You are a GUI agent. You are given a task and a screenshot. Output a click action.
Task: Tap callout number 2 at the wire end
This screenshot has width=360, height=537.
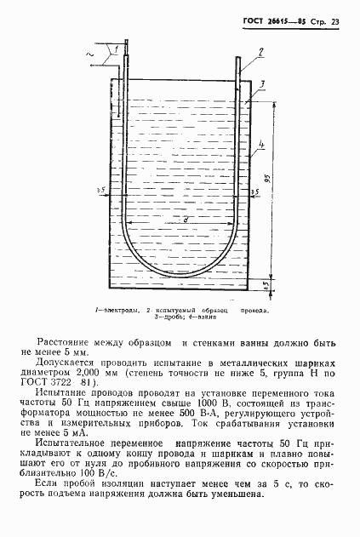tap(261, 53)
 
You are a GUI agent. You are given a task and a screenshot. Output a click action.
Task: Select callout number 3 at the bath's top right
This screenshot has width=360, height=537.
tap(264, 81)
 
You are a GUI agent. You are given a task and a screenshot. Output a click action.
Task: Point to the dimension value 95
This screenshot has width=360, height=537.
tap(267, 179)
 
